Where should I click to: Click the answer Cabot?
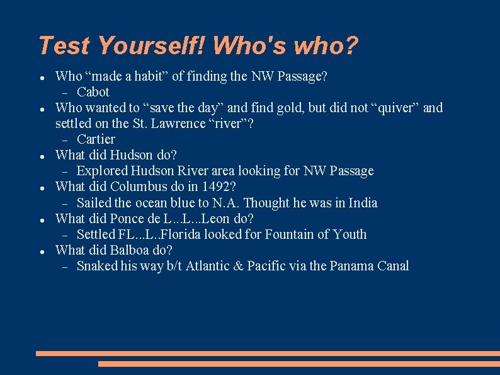point(93,92)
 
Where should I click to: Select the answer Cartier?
point(96,139)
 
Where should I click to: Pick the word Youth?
point(350,234)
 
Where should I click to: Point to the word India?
point(361,203)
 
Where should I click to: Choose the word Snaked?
point(97,266)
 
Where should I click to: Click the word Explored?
point(102,171)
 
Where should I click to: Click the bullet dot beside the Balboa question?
point(41,251)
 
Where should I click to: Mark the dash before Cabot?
point(65,92)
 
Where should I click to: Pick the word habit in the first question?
point(150,76)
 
